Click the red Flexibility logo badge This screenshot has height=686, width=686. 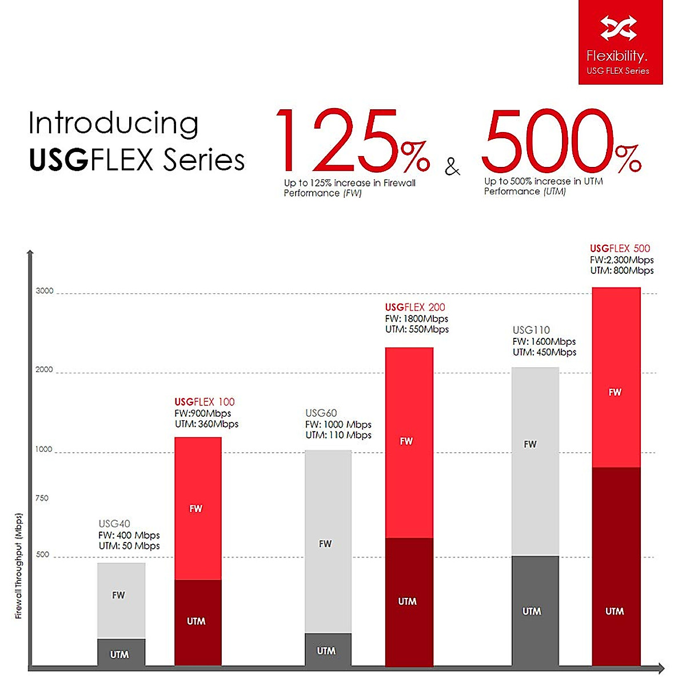620,42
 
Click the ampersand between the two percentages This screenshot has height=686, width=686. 452,166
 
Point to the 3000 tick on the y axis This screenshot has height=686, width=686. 45,291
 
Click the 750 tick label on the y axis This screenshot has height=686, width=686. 42,498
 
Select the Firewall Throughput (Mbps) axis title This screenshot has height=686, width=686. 18,566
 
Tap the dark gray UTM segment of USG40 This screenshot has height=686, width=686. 121,652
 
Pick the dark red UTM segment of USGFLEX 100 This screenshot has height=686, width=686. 197,622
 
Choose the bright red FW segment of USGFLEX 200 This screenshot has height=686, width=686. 409,442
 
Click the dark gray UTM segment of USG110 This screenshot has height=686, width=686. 535,610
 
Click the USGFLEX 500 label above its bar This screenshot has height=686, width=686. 620,249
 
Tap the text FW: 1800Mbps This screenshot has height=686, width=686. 416,319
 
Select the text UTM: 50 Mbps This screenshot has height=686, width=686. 129,546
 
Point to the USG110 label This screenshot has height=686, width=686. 531,330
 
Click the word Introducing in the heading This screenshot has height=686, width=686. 113,124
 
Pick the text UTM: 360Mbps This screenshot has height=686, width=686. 206,424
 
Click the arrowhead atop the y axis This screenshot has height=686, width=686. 30,253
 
